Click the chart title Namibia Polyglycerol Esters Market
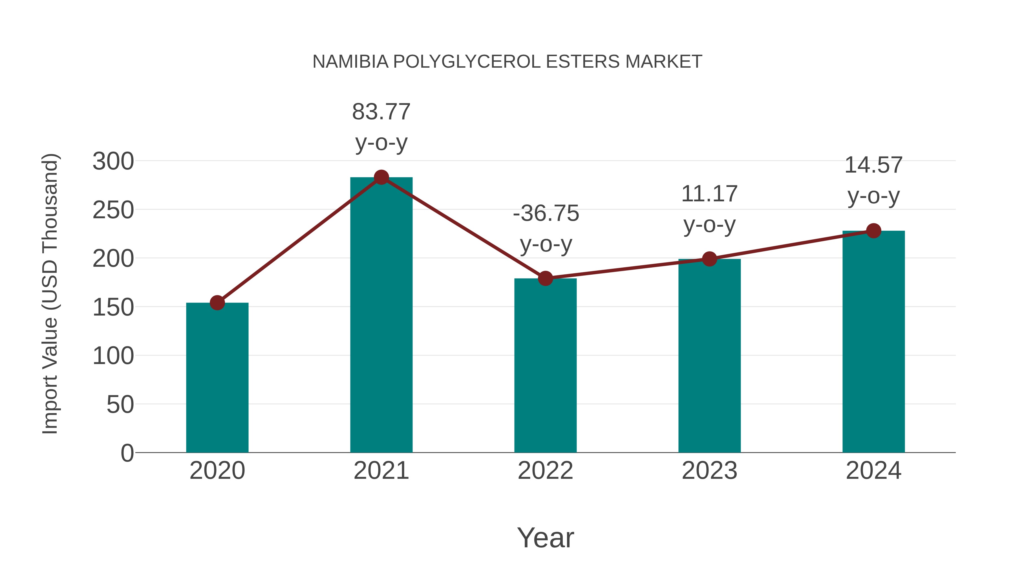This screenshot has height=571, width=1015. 507,62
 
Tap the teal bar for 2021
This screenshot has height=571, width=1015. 381,315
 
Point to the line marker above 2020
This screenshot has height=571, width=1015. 217,303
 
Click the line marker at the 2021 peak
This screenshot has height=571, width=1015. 381,177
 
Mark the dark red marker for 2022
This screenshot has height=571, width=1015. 545,278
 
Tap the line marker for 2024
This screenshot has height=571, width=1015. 873,231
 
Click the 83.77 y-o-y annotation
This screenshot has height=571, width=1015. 381,127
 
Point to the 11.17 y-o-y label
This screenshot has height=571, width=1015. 709,209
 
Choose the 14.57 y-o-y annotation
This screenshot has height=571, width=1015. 873,180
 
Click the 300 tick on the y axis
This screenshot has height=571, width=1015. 113,161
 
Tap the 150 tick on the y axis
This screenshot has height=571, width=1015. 113,307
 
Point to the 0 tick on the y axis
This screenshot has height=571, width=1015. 127,453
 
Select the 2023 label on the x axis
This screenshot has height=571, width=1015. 709,471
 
